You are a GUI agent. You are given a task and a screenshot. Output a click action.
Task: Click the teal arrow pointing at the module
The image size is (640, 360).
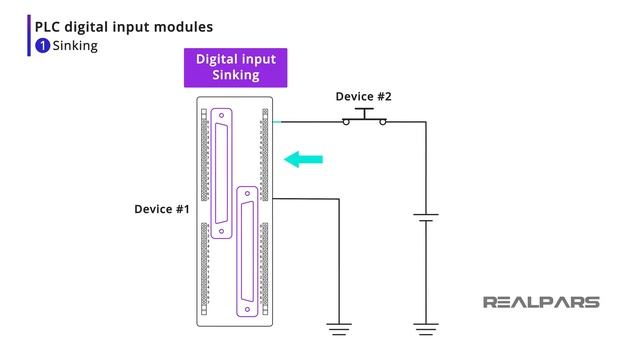pos(304,158)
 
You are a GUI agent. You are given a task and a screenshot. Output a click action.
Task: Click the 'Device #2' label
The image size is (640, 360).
pos(363,96)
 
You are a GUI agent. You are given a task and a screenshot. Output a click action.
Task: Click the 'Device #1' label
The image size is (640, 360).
pos(162,209)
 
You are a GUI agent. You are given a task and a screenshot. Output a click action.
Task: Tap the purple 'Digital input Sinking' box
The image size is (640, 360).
pos(236,67)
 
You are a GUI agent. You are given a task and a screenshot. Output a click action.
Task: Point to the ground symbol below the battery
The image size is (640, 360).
pos(426,327)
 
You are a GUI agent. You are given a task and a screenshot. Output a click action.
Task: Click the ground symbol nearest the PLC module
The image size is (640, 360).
pos(341,327)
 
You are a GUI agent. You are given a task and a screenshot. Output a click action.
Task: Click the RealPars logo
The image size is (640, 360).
pos(541,302)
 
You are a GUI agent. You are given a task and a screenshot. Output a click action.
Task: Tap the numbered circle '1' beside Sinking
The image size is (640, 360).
pos(42,46)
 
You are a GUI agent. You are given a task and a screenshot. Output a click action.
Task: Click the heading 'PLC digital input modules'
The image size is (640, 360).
pos(123,27)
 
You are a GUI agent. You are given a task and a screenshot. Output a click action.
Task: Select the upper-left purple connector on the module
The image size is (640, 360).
pos(221,166)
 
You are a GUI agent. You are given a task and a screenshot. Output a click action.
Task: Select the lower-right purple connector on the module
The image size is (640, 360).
pos(246,250)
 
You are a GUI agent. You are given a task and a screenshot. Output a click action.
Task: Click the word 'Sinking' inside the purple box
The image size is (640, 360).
pos(236,75)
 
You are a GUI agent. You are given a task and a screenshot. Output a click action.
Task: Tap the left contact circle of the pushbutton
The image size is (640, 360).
pos(346,122)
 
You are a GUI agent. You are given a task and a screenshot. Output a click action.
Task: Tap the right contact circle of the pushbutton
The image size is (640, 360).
pos(382,122)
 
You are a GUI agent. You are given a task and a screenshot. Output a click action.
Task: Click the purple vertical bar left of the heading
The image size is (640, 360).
pos(29,36)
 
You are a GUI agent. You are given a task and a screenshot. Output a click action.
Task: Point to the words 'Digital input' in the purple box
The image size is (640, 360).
pos(236,59)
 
